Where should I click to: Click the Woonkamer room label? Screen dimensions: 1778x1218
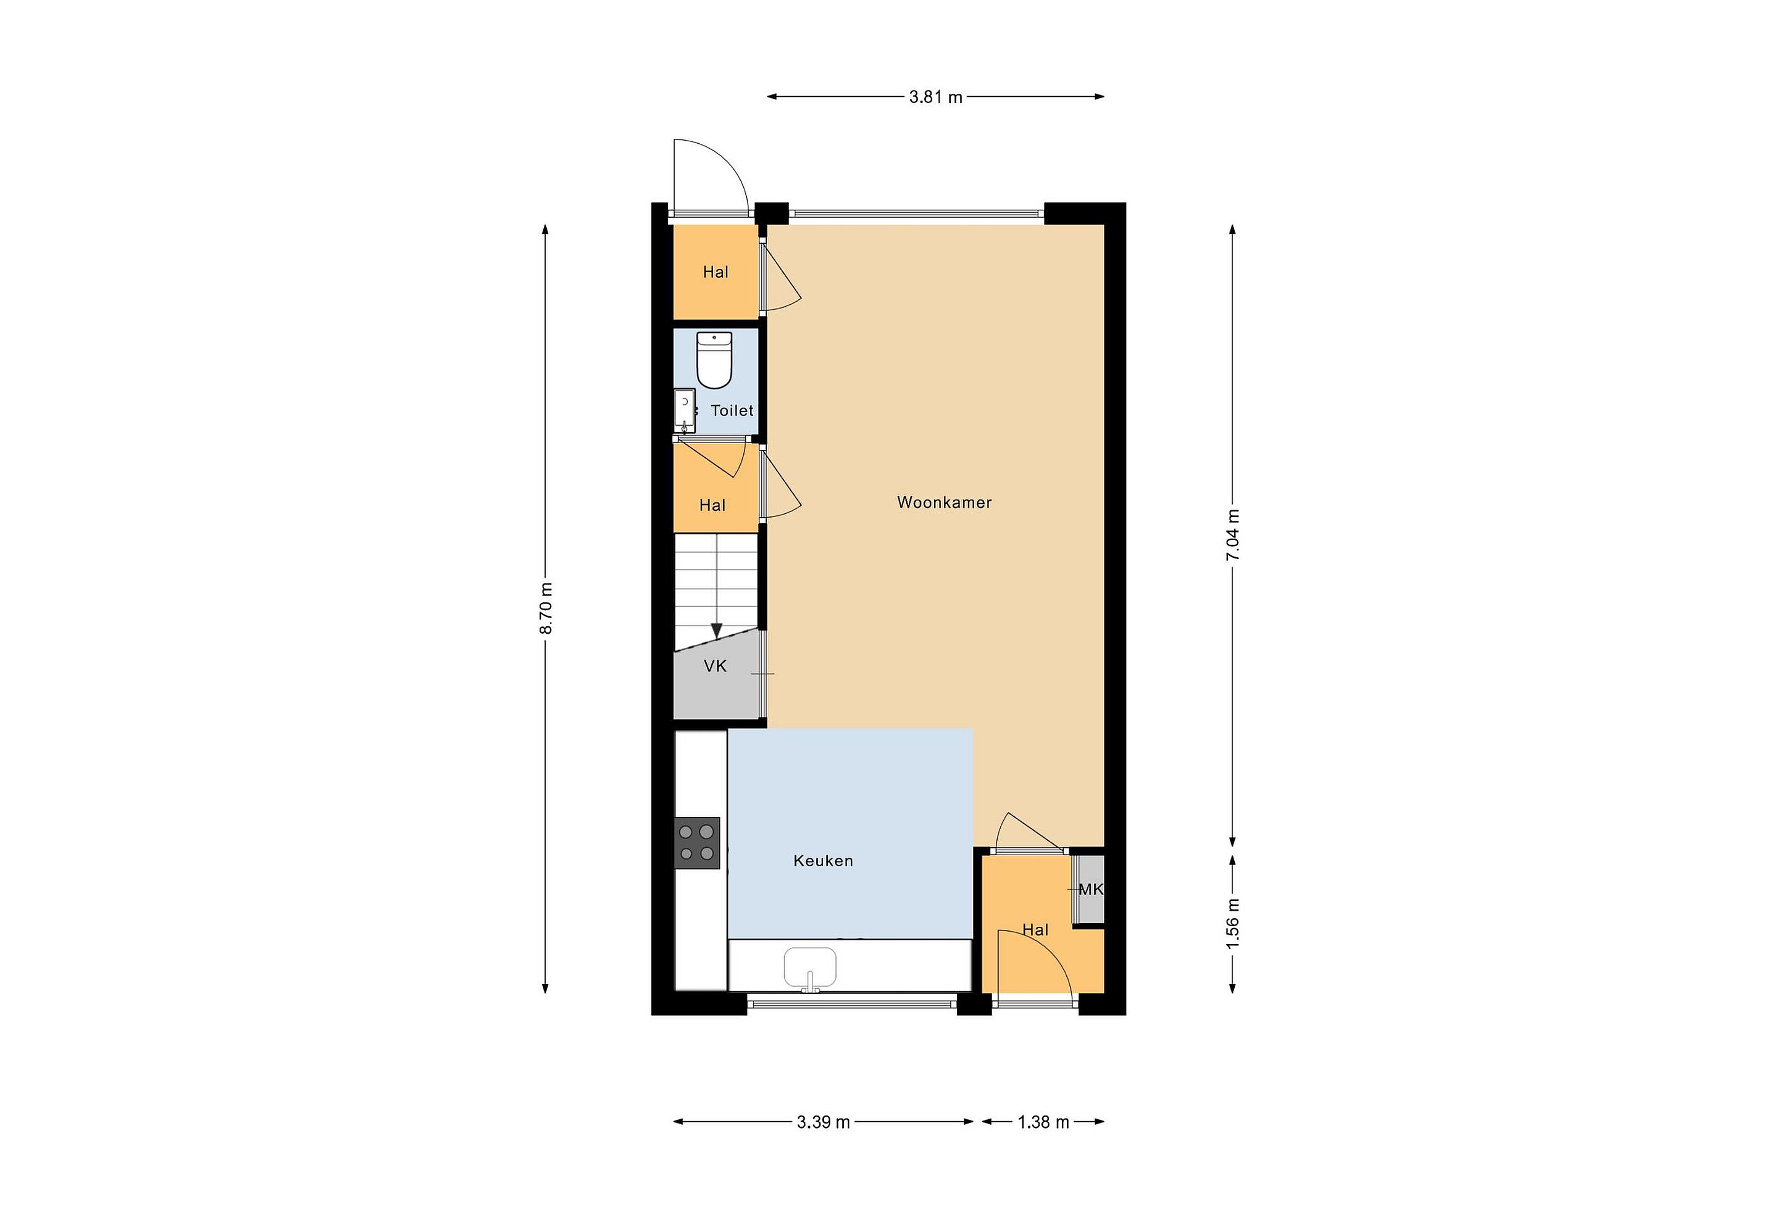944,502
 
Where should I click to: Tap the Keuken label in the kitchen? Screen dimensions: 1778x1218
823,861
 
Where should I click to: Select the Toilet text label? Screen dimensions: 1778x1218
732,410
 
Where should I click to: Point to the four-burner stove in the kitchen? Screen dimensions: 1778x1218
697,843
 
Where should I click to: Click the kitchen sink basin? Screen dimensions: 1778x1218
810,967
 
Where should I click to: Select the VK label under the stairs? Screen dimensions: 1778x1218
716,667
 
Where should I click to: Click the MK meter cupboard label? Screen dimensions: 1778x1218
1091,889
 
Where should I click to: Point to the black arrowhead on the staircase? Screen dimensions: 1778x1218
716,631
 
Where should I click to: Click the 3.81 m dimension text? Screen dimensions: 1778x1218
936,97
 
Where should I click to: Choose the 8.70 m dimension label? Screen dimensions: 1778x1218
546,608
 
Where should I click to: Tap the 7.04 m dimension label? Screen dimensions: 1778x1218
1232,535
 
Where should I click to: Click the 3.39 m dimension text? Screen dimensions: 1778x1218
823,1122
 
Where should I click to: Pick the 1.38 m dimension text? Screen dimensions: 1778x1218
1043,1122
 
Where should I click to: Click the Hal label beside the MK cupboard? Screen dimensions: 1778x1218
1035,930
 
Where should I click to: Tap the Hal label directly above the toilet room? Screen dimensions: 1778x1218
716,272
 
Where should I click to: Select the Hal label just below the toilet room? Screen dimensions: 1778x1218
712,505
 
